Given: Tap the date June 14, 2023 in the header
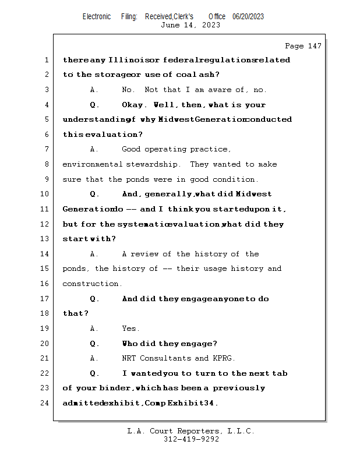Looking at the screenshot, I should pyautogui.click(x=190, y=25).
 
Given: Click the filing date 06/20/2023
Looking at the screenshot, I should pyautogui.click(x=248, y=17).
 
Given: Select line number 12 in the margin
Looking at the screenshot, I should pyautogui.click(x=46, y=224).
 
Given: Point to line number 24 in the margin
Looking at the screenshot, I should pyautogui.click(x=46, y=403).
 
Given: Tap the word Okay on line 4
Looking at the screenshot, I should pyautogui.click(x=134, y=105).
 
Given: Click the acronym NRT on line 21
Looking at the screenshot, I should pyautogui.click(x=129, y=359).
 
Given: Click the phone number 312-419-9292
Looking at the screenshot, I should pyautogui.click(x=190, y=439).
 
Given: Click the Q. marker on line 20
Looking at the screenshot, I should pyautogui.click(x=94, y=344).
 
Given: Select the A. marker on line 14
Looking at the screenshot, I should pyautogui.click(x=94, y=254).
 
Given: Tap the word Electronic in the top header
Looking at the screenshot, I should pyautogui.click(x=97, y=17).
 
